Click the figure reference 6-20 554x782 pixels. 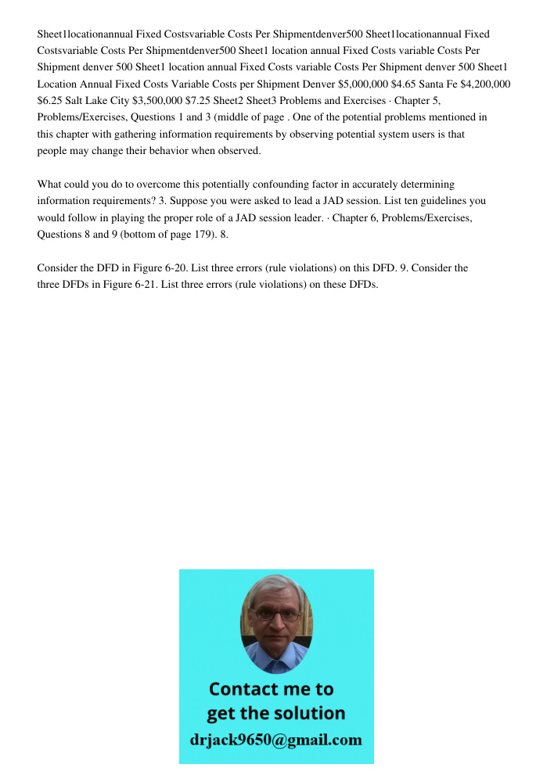point(177,268)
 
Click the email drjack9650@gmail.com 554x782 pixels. point(276,740)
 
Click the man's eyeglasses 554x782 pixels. point(276,615)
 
